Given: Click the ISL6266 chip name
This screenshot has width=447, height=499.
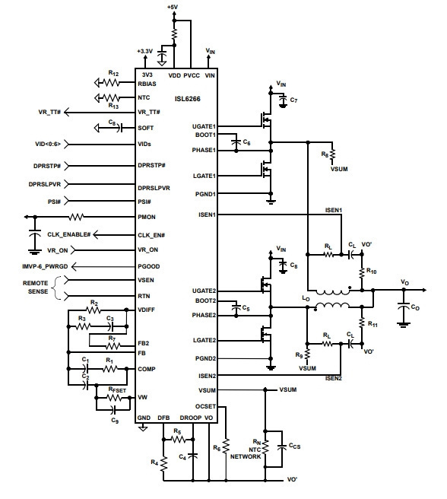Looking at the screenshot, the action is (x=187, y=99).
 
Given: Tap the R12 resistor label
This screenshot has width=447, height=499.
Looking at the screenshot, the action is (x=113, y=74).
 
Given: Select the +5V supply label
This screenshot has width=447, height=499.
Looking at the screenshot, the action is (x=173, y=6).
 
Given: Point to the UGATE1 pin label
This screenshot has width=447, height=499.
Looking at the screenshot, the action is (x=204, y=126).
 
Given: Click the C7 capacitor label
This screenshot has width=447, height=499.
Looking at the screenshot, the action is (x=293, y=100).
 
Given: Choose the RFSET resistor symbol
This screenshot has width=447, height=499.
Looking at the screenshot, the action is (x=113, y=398).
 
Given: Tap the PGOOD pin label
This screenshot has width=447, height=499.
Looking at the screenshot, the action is (x=148, y=266).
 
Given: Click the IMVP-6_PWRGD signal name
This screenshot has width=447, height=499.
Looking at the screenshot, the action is (x=45, y=266).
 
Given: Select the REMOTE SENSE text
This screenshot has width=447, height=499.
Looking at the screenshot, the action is (x=35, y=287).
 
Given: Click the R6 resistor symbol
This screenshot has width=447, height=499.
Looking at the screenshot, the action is (x=226, y=447).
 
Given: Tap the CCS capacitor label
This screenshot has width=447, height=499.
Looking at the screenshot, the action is (x=294, y=447).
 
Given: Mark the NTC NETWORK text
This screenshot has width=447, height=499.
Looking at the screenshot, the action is (x=246, y=453).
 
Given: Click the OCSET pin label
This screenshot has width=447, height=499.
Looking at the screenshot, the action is (x=205, y=406).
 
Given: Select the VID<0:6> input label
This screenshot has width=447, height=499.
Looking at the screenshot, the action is (x=48, y=144).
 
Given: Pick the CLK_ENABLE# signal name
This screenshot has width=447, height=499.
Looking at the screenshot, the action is (x=69, y=234).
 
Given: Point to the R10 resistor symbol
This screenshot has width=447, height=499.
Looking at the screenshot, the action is (x=362, y=272).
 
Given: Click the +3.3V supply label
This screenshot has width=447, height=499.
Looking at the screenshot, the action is (x=144, y=51).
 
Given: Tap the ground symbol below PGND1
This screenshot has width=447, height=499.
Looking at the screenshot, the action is (x=271, y=201).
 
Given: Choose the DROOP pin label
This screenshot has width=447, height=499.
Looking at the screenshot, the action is (x=191, y=418).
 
